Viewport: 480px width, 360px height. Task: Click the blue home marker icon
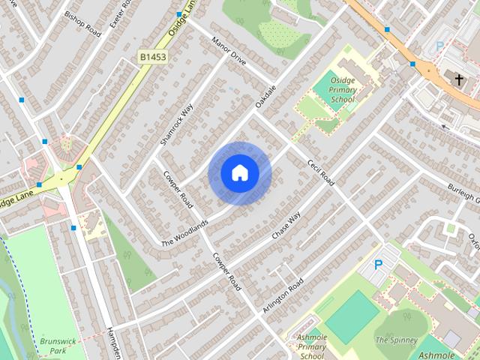point(239,173)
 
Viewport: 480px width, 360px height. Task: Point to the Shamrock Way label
point(177,124)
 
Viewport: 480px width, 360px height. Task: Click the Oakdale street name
point(266,95)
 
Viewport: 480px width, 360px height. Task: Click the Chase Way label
point(286,226)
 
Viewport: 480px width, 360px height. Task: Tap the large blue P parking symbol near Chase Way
point(378,264)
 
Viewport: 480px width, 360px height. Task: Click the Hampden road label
point(113,342)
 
